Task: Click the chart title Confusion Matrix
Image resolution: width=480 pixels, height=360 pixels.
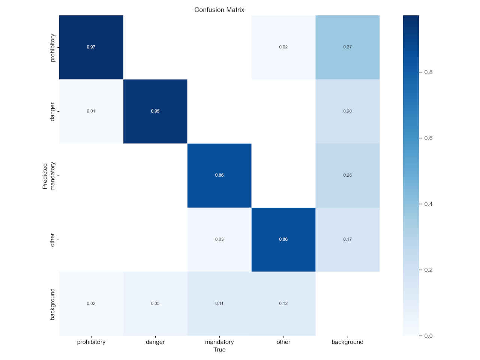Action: tap(219, 10)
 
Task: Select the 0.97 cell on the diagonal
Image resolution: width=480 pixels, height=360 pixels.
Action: tap(91, 47)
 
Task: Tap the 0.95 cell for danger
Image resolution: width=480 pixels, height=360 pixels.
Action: tap(155, 111)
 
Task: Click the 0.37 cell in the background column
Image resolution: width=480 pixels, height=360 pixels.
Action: tap(347, 47)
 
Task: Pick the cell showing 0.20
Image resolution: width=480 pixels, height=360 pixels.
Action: tap(347, 111)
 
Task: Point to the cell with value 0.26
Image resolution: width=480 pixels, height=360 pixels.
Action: tap(347, 175)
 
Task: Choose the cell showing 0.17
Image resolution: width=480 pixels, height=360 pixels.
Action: tap(347, 239)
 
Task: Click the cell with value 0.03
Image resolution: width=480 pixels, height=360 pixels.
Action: tap(219, 239)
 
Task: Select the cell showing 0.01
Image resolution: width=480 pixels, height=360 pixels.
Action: tap(91, 111)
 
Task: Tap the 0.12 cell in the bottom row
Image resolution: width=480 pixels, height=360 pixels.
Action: tap(283, 303)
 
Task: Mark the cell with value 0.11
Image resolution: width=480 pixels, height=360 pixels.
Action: tap(219, 303)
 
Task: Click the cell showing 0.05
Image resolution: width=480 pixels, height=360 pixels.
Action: tap(155, 303)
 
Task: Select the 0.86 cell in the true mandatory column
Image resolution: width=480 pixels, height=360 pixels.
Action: tap(219, 175)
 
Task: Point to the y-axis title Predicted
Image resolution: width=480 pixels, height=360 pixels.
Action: tap(45, 175)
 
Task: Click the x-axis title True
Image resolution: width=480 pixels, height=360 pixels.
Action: tap(219, 349)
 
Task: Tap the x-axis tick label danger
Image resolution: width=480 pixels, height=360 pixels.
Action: tap(155, 342)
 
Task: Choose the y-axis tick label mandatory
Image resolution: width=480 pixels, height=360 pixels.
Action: tap(52, 176)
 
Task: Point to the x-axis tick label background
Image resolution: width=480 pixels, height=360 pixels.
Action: tap(347, 342)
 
